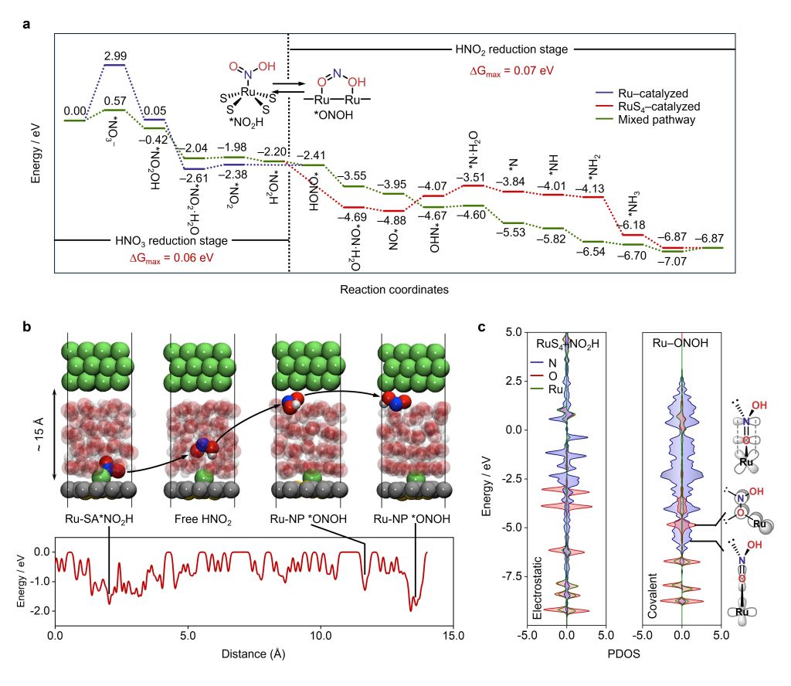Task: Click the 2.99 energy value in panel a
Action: tap(114, 56)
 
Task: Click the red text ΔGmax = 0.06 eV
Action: tap(171, 257)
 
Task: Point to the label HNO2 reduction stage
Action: tap(511, 49)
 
